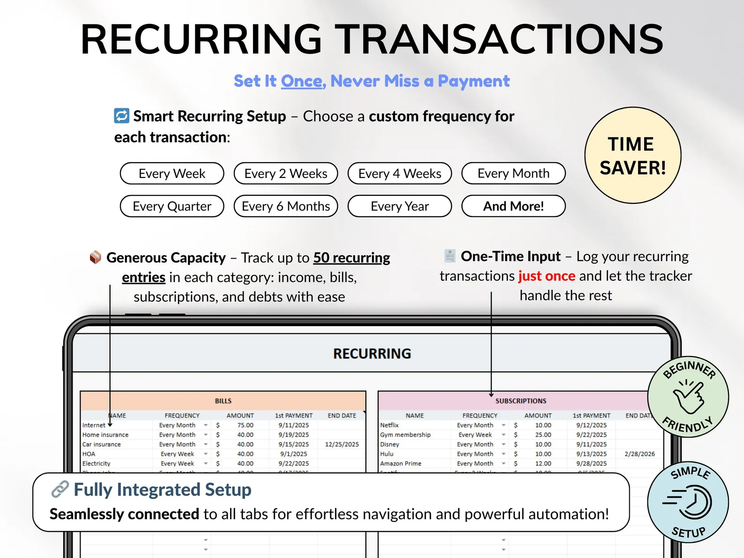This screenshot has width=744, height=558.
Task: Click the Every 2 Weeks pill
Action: [x=286, y=173]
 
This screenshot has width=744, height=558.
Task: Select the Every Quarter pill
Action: [x=172, y=206]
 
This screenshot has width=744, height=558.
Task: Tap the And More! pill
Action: [x=513, y=206]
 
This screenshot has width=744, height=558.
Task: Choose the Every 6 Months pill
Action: [x=286, y=206]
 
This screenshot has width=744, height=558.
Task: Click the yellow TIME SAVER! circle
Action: [x=632, y=156]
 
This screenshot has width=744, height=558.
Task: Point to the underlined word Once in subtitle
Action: [x=302, y=81]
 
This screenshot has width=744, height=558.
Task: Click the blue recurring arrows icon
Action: [x=122, y=115]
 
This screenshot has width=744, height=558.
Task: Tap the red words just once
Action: [x=547, y=276]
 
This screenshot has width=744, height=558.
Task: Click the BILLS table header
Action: [x=223, y=401]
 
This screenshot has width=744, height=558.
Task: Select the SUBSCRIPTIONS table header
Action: [x=521, y=401]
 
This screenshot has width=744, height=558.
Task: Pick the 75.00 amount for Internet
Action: [x=245, y=425]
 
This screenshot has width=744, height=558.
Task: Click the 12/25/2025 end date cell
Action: [x=342, y=444]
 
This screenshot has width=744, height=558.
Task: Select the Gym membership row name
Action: [x=405, y=435]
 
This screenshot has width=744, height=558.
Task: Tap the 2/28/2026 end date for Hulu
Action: [x=640, y=454]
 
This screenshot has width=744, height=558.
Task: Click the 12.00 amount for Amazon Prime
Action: [x=543, y=463]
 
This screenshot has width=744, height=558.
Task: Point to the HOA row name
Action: [x=89, y=454]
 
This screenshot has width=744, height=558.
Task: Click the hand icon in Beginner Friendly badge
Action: [x=688, y=397]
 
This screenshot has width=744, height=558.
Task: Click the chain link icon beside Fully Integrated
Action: [x=60, y=490]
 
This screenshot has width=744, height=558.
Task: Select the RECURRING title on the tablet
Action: [x=372, y=354]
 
